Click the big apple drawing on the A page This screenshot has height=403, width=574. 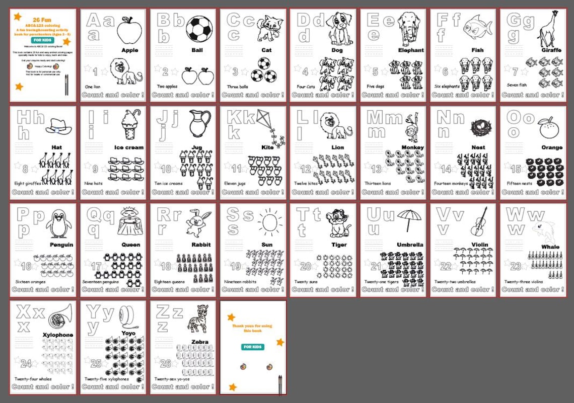coord(129,30)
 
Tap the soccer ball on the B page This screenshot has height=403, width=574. coord(199,29)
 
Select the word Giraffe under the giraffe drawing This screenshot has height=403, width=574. coord(551,50)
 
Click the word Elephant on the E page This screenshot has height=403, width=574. coord(410,50)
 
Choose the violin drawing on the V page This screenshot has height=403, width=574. coord(479,222)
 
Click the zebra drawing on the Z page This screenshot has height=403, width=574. coord(198,318)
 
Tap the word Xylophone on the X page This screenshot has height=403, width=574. coord(58,335)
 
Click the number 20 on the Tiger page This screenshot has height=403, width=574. coord(306,267)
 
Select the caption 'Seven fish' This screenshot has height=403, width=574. coord(517,85)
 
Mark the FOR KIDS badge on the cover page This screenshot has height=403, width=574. coord(42,40)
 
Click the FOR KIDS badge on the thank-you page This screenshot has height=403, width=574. coord(253,347)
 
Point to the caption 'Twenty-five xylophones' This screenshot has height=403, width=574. coord(107,379)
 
